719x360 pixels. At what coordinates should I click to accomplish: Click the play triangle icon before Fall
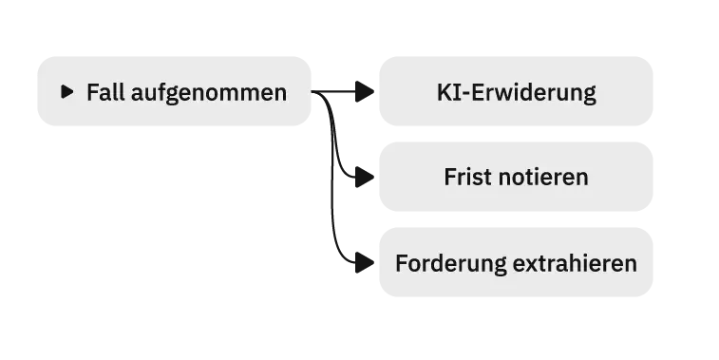[x=66, y=92]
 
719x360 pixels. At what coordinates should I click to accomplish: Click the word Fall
[x=106, y=92]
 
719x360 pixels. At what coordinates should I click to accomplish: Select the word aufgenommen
[x=209, y=93]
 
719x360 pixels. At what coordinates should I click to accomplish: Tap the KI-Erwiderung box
[x=516, y=91]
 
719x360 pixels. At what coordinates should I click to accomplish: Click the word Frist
[x=468, y=177]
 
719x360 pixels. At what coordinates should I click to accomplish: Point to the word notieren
[x=543, y=177]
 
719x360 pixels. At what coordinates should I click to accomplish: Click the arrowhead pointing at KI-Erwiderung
[x=365, y=91]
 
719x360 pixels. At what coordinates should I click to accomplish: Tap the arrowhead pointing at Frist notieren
[x=365, y=177]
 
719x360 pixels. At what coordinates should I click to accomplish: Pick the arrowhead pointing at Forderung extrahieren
[x=365, y=263]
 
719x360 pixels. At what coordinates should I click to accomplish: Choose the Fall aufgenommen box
[x=174, y=91]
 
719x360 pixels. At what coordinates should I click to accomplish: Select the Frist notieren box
[x=516, y=177]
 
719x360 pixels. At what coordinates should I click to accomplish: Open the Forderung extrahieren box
[x=516, y=262]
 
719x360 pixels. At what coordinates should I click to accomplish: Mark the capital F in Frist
[x=450, y=177]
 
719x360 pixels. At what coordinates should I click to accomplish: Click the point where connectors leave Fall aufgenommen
[x=312, y=91]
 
